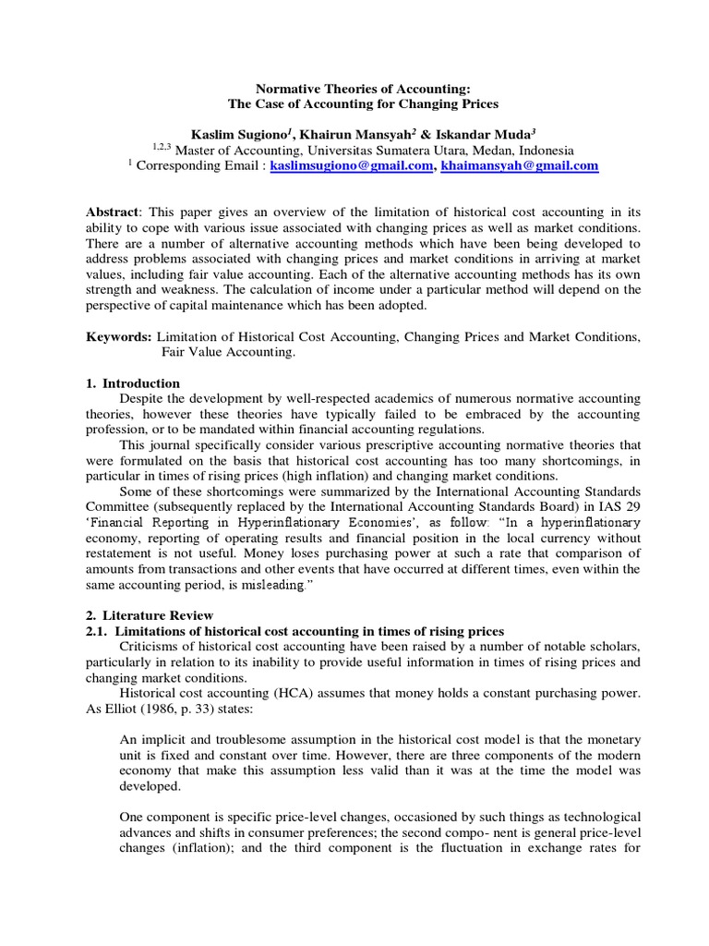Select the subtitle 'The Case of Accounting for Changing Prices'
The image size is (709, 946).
(x=355, y=104)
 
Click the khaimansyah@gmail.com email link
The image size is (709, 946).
(x=520, y=166)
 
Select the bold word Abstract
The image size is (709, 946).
(x=113, y=212)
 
